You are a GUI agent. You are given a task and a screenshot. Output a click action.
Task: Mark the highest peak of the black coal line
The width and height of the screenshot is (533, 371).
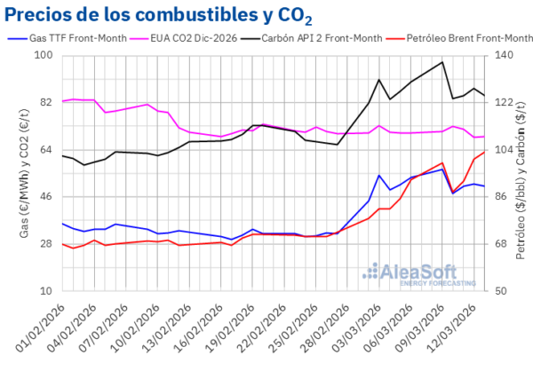click(x=442, y=62)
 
